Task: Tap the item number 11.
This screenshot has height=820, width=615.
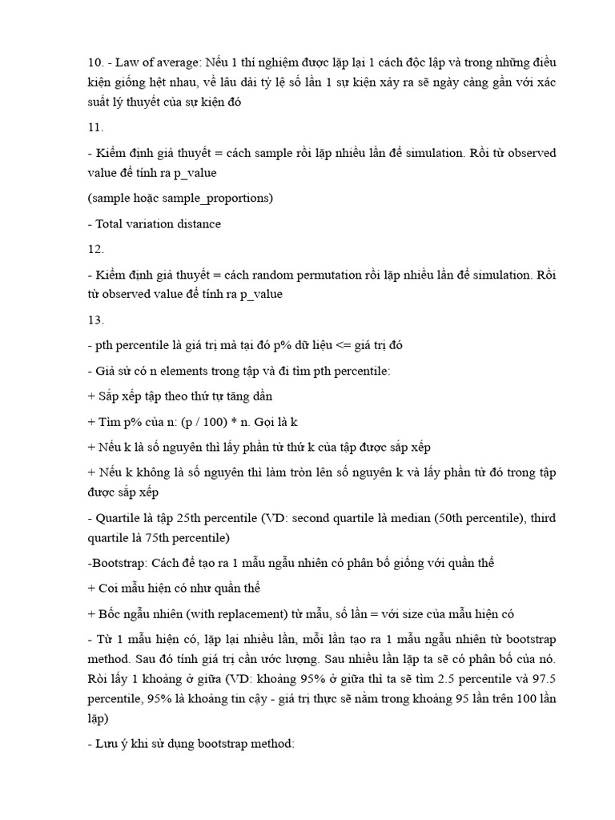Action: click(95, 127)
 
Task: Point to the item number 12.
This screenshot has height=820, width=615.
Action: click(95, 249)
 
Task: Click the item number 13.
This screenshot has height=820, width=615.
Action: click(95, 320)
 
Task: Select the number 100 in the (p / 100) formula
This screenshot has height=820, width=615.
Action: click(219, 421)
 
